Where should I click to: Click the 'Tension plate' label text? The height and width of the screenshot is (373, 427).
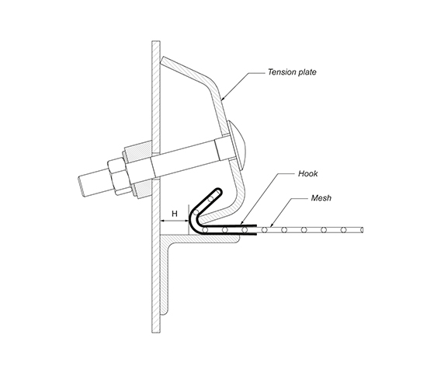click(292, 72)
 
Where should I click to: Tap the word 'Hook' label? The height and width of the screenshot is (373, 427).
click(307, 174)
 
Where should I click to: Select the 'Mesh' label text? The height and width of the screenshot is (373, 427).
click(321, 197)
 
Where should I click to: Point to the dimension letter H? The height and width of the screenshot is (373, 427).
click(175, 214)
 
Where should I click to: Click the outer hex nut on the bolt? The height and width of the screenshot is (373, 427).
click(117, 176)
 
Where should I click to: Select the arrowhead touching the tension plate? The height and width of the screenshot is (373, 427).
click(224, 98)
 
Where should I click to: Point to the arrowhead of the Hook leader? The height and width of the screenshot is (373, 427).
click(242, 224)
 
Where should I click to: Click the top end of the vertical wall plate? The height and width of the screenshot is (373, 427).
click(156, 42)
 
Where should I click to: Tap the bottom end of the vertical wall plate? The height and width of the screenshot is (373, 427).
click(156, 332)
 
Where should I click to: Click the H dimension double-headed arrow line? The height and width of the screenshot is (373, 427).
click(174, 221)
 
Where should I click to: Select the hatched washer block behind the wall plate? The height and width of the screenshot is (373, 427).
click(138, 169)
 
